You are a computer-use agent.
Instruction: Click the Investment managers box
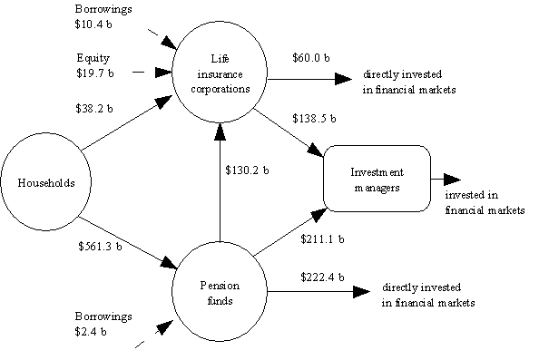point(376,179)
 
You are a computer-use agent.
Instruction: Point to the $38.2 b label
point(95,109)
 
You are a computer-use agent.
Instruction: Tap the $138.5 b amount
point(315,118)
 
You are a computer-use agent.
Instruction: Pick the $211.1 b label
point(322,239)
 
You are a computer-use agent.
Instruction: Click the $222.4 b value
point(320,274)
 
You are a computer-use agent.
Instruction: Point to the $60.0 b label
point(311,57)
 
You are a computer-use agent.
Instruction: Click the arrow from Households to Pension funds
point(127,242)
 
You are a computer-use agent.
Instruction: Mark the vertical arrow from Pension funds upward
point(218,181)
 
